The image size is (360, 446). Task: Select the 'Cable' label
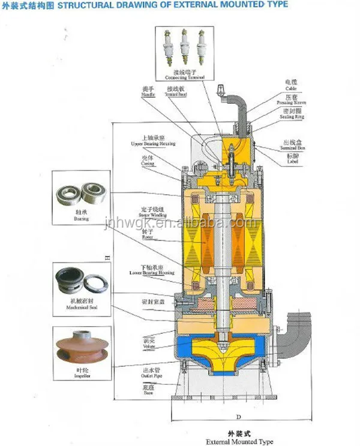pos(290,88)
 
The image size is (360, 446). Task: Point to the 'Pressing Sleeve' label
pos(292,103)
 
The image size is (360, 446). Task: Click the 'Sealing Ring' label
pos(292,117)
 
